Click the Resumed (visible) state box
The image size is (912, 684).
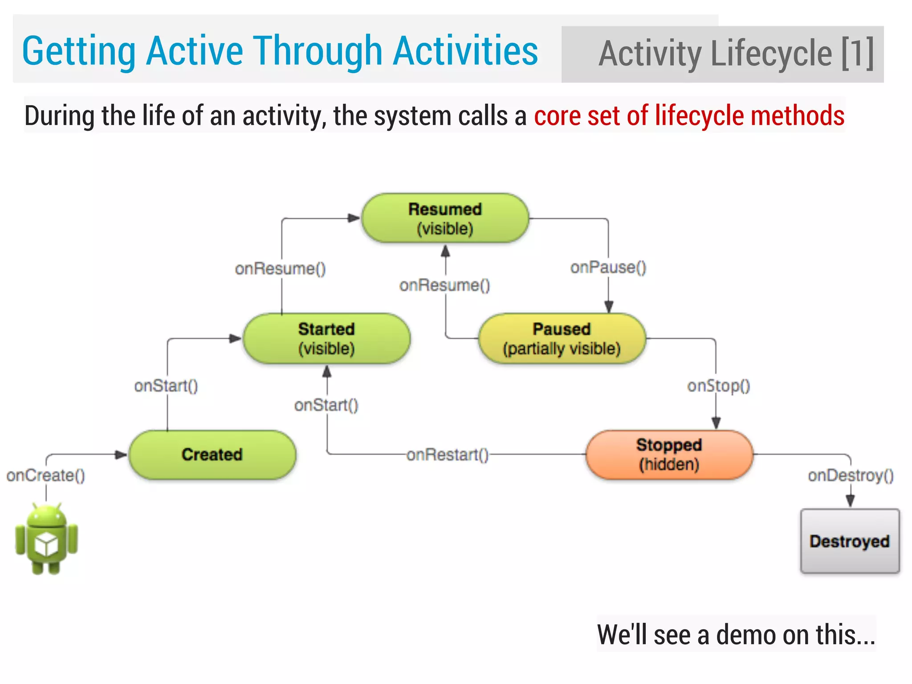(x=445, y=219)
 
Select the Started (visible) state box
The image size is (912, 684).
(x=326, y=338)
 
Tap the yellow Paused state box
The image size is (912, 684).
(x=562, y=338)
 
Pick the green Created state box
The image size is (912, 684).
(x=212, y=455)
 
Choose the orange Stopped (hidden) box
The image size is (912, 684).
(x=669, y=455)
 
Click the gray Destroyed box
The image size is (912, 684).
(x=850, y=541)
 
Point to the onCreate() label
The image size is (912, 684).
(x=45, y=476)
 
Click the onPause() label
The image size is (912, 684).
(x=608, y=268)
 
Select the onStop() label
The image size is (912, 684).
(x=718, y=386)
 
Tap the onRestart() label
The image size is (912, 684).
(x=447, y=455)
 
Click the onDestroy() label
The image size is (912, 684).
(x=851, y=476)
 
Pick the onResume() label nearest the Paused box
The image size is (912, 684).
(x=444, y=285)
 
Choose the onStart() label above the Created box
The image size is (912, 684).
(x=166, y=386)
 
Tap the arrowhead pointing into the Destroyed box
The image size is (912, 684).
(x=850, y=501)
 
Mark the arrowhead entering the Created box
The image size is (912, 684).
(x=121, y=455)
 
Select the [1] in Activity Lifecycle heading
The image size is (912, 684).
(x=857, y=54)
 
